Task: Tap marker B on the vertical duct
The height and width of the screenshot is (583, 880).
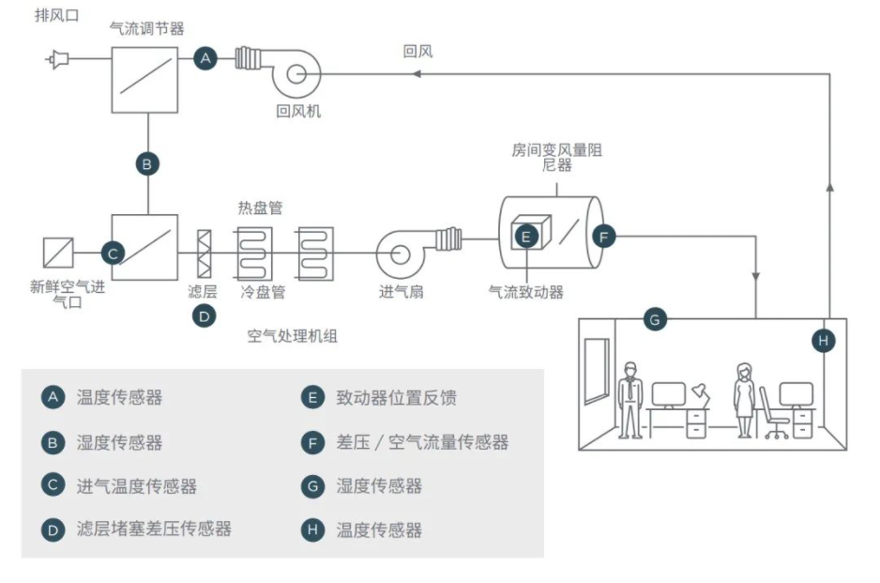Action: [x=146, y=164]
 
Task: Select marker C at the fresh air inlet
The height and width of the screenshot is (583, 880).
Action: [x=113, y=253]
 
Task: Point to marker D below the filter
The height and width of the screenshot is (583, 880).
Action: [x=204, y=316]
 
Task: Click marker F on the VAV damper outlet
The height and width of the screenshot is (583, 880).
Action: [x=604, y=236]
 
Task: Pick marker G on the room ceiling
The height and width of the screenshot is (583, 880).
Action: [x=655, y=319]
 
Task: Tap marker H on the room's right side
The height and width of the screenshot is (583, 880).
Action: [x=823, y=340]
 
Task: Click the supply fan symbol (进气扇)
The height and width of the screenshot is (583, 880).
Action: [x=401, y=253]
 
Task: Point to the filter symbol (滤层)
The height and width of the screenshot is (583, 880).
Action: [x=204, y=253]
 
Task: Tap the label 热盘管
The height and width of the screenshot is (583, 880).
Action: [x=261, y=206]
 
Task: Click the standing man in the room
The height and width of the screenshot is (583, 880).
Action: [x=630, y=399]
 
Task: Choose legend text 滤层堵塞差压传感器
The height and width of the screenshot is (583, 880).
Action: [x=154, y=529]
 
